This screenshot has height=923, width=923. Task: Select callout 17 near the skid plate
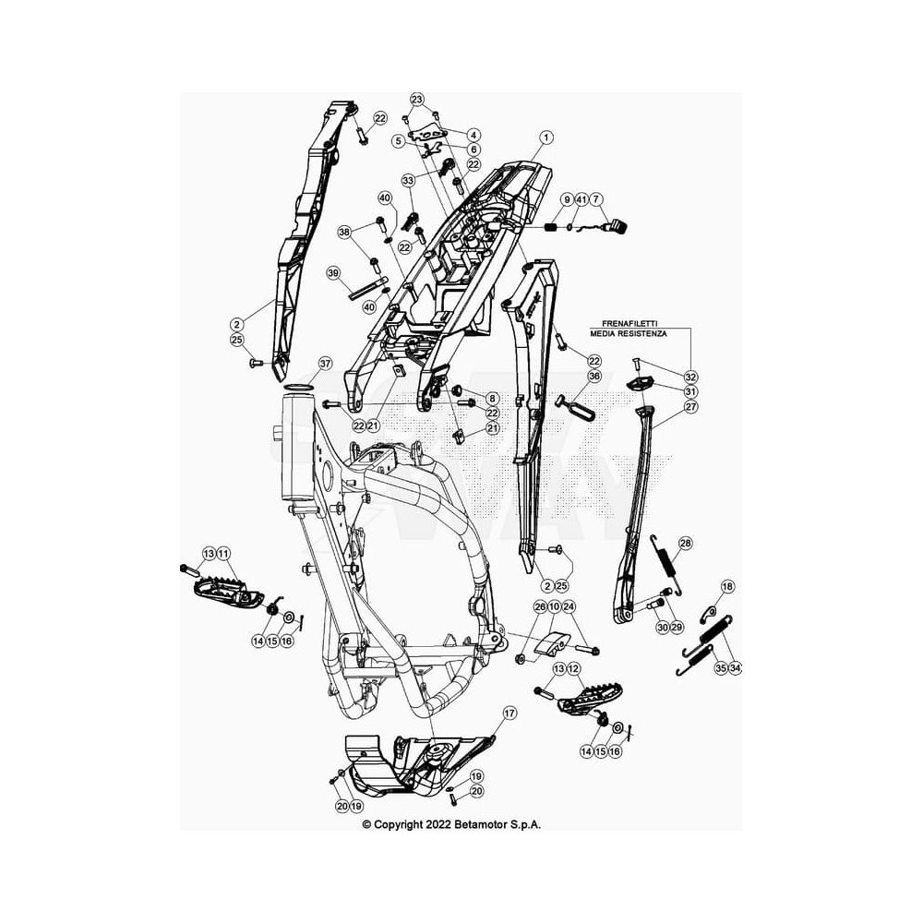click(x=509, y=713)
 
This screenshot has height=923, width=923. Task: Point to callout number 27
click(x=691, y=406)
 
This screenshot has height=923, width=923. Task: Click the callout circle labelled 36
click(x=593, y=377)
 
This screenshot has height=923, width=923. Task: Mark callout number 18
click(x=727, y=586)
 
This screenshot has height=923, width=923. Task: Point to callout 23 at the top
click(x=417, y=99)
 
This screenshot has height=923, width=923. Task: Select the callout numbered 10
click(x=554, y=607)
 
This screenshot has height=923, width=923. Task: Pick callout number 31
click(x=691, y=391)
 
